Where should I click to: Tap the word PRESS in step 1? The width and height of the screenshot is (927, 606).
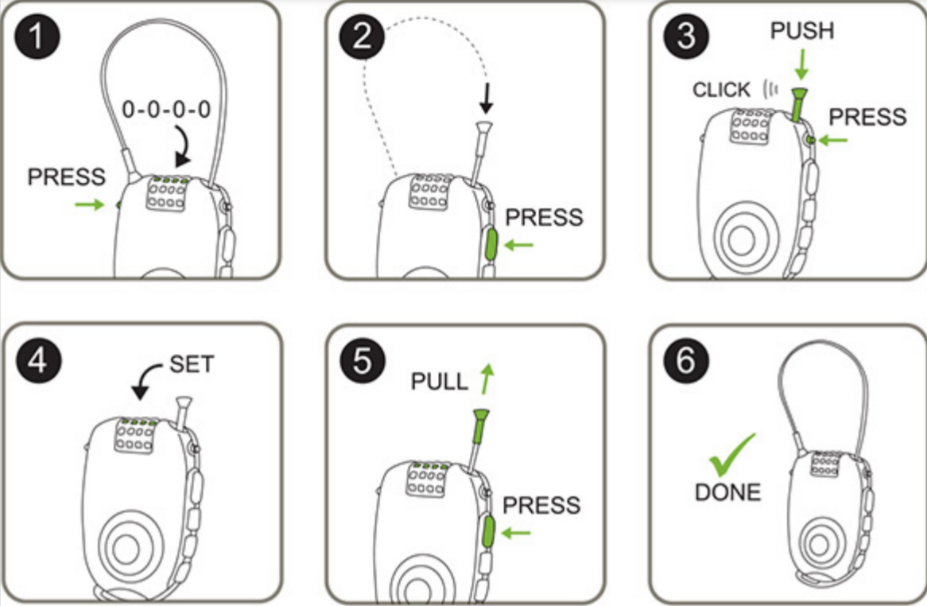click(x=66, y=177)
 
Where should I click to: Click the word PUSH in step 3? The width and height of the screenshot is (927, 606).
click(x=802, y=32)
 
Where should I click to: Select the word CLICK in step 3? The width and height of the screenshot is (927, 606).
click(x=721, y=90)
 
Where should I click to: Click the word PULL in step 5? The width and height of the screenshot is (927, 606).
click(x=440, y=381)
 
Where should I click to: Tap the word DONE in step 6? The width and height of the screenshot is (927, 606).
click(x=727, y=492)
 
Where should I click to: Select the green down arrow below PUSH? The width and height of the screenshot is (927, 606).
click(x=802, y=62)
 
